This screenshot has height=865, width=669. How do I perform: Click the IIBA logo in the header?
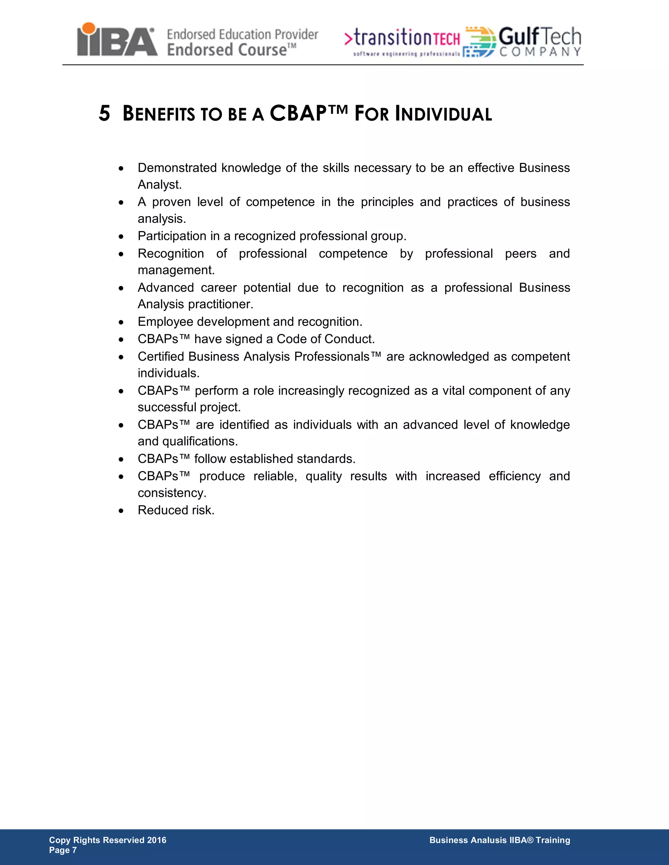(x=117, y=39)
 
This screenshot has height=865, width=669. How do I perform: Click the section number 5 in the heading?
(x=104, y=114)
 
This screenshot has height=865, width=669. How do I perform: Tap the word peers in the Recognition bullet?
(x=520, y=254)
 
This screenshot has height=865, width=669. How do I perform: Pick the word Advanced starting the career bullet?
(x=166, y=288)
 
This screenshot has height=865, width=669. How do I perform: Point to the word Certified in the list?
(x=161, y=356)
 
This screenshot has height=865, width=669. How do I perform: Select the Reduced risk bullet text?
(x=176, y=510)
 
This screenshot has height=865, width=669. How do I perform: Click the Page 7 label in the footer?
(x=63, y=850)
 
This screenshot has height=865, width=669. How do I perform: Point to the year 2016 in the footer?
(x=156, y=840)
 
